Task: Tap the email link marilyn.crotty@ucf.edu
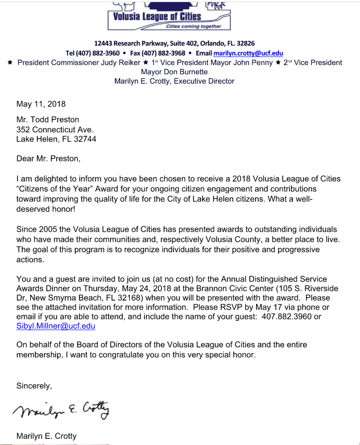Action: tap(248, 53)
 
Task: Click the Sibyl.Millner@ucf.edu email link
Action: tap(56, 326)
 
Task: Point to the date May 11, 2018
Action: tap(41, 104)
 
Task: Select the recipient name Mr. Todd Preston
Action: tap(48, 120)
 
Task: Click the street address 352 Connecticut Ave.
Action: tap(55, 129)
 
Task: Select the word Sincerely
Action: tap(34, 386)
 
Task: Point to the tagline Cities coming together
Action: tap(193, 26)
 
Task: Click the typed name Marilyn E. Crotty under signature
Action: tap(46, 436)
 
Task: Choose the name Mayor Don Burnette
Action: tap(174, 72)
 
